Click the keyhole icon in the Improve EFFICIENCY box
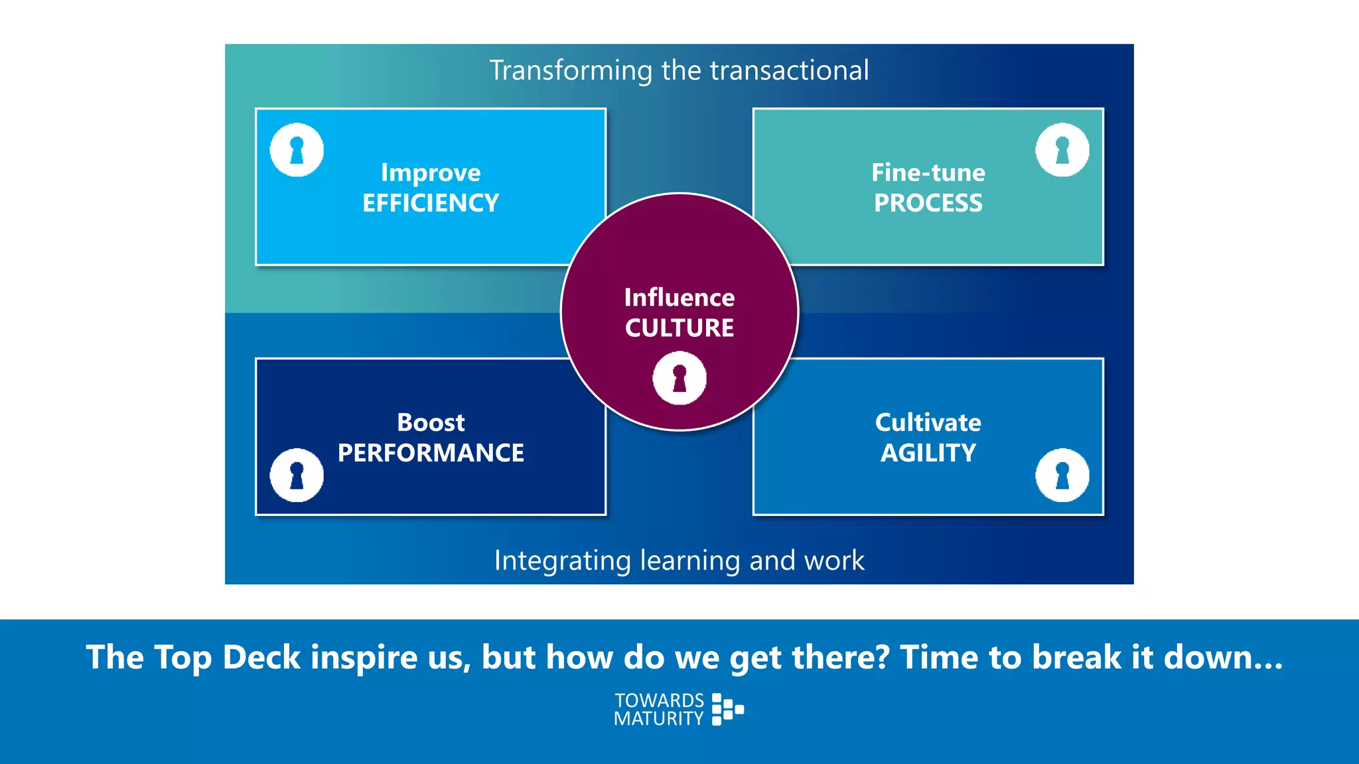point(297,150)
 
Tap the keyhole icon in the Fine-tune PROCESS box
point(1062,150)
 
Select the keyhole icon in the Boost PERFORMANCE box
point(297,475)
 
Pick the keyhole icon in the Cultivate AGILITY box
point(1062,475)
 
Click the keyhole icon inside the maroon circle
point(679,378)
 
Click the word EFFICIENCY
point(431,203)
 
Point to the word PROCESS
point(928,203)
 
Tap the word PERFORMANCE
point(431,453)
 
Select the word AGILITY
point(928,453)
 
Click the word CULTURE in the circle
point(679,328)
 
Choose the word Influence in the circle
point(679,298)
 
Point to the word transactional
point(789,71)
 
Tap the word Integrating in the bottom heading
point(562,561)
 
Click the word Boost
point(431,422)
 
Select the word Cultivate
point(928,422)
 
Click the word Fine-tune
point(928,173)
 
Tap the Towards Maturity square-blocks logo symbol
point(727,710)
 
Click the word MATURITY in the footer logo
point(658,719)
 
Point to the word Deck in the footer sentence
point(261,658)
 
